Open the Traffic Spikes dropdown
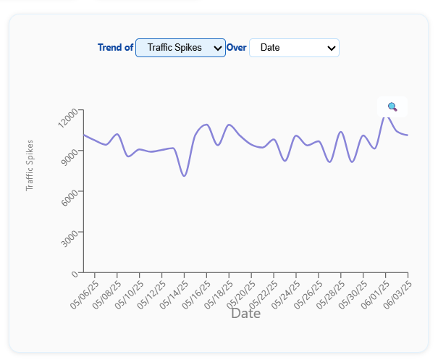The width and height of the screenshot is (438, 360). [x=180, y=48]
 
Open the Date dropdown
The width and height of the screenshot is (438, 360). [x=294, y=48]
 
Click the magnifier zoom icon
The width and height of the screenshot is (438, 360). [x=392, y=106]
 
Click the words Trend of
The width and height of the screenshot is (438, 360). [x=115, y=48]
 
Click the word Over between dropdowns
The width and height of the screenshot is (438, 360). [x=237, y=48]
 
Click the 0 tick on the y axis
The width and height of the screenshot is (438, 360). [x=75, y=275]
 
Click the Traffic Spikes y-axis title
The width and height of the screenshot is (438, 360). [x=30, y=165]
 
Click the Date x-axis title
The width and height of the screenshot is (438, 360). [x=245, y=314]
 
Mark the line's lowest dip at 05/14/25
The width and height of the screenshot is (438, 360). [x=185, y=175]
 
